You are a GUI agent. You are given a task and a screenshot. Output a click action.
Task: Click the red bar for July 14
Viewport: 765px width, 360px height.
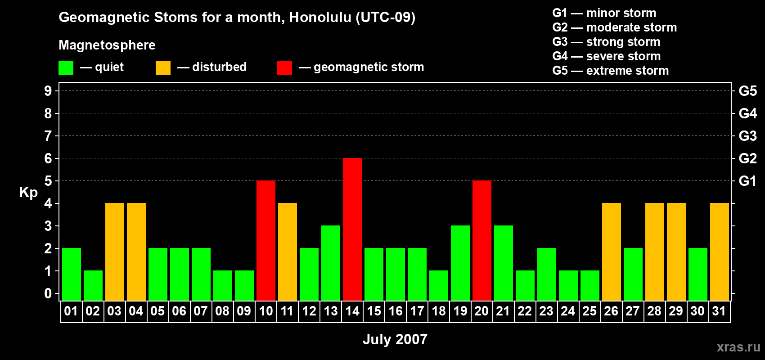click(x=352, y=229)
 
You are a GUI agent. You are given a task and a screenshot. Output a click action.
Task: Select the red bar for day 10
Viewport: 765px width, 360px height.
click(x=265, y=240)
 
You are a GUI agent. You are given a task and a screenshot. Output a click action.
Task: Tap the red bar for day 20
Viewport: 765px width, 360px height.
click(x=482, y=240)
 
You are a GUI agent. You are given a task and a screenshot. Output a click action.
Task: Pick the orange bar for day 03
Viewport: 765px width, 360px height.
click(x=114, y=252)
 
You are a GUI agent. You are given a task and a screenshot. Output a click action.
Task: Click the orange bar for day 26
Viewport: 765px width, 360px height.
click(x=611, y=252)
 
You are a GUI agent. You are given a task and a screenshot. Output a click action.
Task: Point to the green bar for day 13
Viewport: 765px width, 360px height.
click(x=331, y=263)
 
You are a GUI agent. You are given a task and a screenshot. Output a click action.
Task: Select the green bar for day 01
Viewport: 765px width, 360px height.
click(x=72, y=274)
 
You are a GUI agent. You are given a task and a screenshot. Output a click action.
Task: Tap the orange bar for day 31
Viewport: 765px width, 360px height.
click(x=719, y=252)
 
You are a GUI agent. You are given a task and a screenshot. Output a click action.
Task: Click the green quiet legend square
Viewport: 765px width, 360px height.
click(x=66, y=67)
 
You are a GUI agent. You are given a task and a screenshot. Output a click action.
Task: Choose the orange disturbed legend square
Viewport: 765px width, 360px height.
click(x=163, y=67)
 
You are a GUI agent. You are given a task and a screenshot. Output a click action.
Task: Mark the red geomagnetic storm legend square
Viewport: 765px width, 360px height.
click(x=284, y=67)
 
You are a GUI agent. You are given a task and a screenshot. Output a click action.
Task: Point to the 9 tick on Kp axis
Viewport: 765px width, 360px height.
click(x=48, y=91)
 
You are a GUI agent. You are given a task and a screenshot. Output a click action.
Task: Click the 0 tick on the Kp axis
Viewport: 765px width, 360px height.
click(x=48, y=294)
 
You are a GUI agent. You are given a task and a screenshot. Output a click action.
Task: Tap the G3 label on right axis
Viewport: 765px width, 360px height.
click(x=747, y=136)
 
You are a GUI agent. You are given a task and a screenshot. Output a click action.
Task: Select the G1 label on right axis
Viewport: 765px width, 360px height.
click(x=747, y=181)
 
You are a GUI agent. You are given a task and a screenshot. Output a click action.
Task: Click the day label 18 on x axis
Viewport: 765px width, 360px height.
click(x=438, y=311)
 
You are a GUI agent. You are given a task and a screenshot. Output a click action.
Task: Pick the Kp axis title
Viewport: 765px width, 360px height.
click(x=28, y=193)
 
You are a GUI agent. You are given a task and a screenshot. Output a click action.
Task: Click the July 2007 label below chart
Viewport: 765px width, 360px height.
click(x=395, y=339)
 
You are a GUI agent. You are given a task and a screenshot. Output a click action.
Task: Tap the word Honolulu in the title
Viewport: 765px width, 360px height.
click(x=320, y=18)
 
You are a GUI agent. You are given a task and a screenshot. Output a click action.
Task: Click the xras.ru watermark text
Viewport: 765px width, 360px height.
click(x=738, y=347)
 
